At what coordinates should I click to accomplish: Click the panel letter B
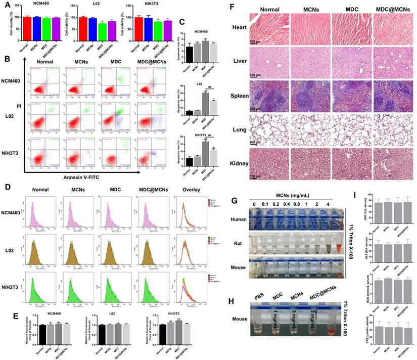point(7,59)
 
